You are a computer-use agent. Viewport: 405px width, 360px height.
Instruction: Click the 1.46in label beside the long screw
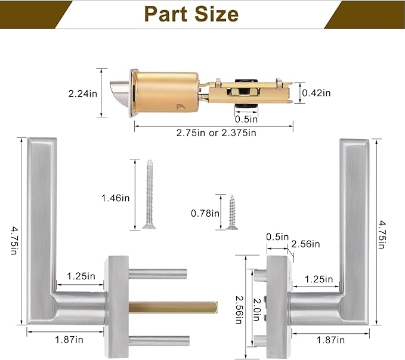(x=116, y=198)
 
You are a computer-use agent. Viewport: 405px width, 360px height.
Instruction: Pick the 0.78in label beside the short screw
(x=204, y=213)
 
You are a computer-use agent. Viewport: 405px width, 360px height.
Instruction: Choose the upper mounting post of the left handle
(x=157, y=274)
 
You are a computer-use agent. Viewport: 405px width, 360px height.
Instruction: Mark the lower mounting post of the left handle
(x=157, y=341)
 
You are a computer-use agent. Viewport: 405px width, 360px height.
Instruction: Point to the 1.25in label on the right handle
(x=319, y=279)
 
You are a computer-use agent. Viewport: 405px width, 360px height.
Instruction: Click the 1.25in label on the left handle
(x=81, y=276)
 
